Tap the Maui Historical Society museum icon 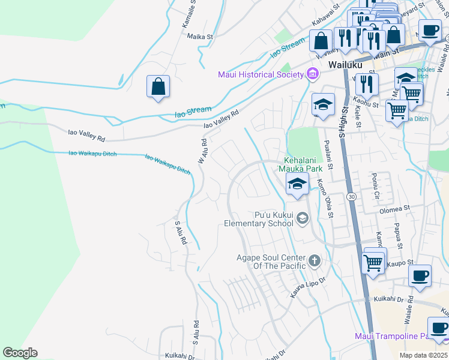coord(312,74)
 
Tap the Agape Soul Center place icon coord(315,262)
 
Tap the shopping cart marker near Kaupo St coord(374,262)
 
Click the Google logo coord(20,352)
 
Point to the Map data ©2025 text coord(423,355)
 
